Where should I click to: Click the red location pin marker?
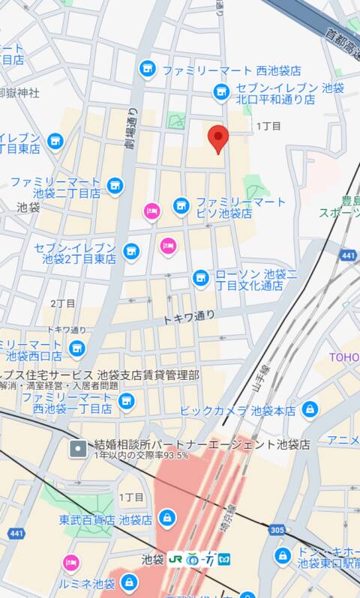(x=217, y=138)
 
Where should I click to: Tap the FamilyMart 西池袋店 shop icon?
(x=147, y=69)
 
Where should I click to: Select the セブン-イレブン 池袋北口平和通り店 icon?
(x=221, y=92)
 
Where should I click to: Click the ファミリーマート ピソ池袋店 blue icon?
(x=181, y=205)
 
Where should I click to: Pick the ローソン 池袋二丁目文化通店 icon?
(x=200, y=278)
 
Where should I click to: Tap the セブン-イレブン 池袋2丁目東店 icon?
(x=131, y=250)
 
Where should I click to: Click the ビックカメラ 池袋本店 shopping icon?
(x=309, y=410)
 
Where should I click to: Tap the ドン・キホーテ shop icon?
(x=283, y=555)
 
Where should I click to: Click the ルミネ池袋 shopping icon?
(x=129, y=582)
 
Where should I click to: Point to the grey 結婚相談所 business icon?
(x=77, y=449)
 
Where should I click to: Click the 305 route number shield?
(x=277, y=529)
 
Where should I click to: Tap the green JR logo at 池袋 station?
(x=177, y=558)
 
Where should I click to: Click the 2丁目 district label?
(x=63, y=303)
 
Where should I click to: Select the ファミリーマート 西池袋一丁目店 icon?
(x=126, y=402)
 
